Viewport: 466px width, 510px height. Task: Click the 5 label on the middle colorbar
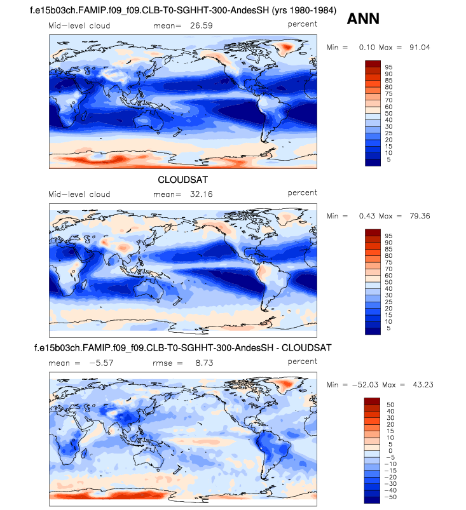[x=387, y=328]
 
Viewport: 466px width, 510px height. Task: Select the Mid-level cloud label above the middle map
[x=79, y=194]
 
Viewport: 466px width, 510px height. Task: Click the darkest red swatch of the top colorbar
[x=373, y=64]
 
